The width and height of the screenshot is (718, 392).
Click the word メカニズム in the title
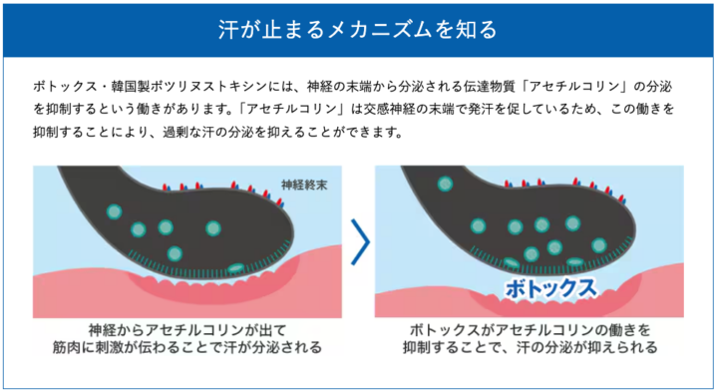coord(379,30)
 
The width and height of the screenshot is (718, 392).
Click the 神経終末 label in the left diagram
coord(304,185)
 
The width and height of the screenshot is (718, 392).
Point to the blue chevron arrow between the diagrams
coord(361,241)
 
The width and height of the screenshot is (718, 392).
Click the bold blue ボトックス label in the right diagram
coord(550,288)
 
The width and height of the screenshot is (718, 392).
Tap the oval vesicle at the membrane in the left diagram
coord(236,268)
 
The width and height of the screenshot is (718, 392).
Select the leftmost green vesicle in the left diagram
coord(114,211)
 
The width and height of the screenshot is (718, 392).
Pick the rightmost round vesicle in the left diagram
coord(213,228)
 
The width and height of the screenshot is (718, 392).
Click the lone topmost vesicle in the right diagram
coord(445,185)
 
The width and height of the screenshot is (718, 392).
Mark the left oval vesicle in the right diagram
coord(512,263)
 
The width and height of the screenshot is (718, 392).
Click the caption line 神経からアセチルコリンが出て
coord(187,330)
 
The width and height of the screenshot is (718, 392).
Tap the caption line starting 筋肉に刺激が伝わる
coord(187,347)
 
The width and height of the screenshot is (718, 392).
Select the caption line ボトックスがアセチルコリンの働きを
coord(530,330)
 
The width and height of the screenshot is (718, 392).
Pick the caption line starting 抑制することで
coord(530,347)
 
